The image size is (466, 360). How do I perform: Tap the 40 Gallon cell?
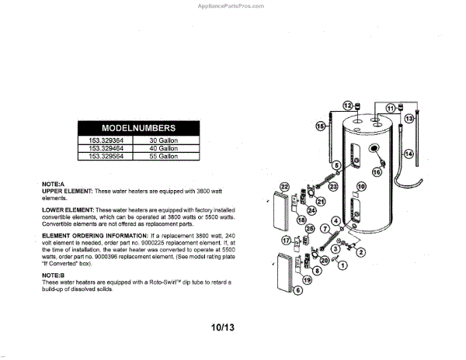tap(164, 148)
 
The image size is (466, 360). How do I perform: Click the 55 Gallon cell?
tap(164, 156)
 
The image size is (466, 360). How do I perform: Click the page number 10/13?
tap(222, 327)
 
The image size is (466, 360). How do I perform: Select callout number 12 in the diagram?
tap(347, 106)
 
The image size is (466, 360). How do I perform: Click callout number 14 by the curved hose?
tap(409, 154)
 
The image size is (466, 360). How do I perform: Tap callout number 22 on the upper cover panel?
tap(284, 187)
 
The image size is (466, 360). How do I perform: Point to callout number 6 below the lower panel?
tap(298, 290)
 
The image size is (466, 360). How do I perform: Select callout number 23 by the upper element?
tap(332, 186)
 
